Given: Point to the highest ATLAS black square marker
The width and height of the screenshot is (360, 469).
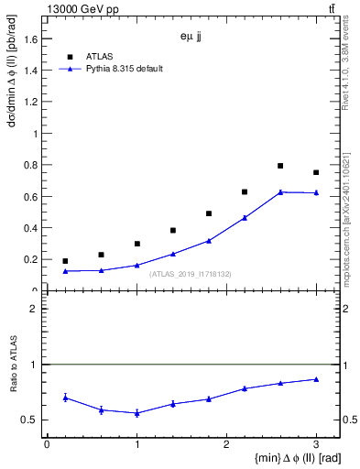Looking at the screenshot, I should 280,166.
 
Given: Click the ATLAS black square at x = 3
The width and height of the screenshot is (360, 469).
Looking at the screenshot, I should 316,172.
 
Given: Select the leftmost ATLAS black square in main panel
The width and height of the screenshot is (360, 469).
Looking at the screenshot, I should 65,261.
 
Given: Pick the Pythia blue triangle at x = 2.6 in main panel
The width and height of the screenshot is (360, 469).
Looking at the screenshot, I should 280,191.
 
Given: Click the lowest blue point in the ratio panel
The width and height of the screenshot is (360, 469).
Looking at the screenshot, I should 136,413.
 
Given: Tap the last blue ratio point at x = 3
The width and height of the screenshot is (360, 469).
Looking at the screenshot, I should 316,379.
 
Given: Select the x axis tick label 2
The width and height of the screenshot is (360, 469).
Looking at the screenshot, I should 226,443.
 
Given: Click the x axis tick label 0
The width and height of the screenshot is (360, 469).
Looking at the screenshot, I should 47,443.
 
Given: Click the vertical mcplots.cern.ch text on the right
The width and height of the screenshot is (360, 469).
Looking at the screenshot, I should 352,229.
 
